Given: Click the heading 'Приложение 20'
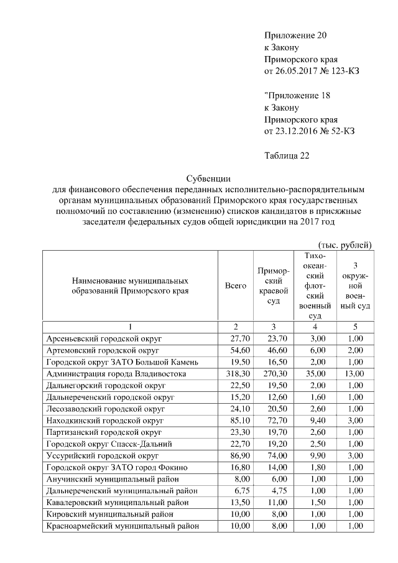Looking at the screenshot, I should point(295,35).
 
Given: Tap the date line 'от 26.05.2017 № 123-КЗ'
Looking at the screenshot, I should point(312,71).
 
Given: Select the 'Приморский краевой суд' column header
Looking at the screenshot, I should point(273,286).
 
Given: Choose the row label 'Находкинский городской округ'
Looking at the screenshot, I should point(103,421).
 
